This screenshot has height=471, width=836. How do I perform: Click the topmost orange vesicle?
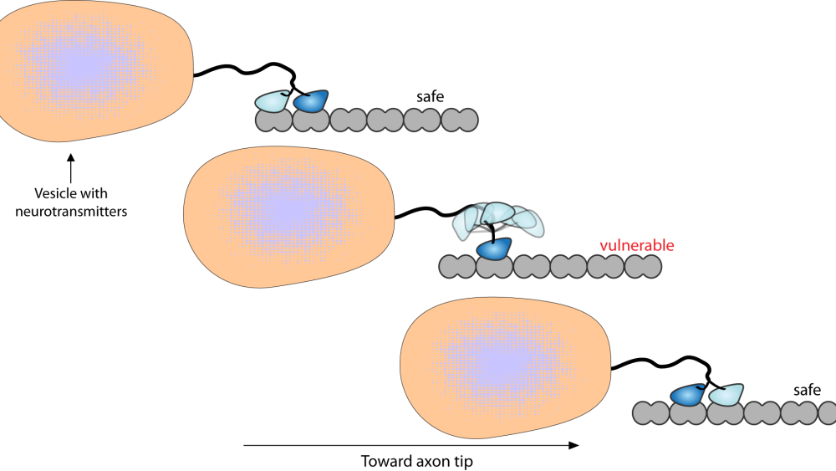point(92,71)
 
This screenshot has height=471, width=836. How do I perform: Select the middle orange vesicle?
point(288,218)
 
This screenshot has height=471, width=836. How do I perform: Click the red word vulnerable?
point(636,246)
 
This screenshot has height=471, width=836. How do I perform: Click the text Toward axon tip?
point(410,461)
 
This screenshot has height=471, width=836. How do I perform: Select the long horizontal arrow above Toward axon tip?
point(410,446)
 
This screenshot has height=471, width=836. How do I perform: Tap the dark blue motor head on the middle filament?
point(493,248)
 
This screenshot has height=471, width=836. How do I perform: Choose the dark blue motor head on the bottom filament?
point(687,395)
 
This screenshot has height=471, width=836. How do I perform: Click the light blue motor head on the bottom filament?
point(725,395)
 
